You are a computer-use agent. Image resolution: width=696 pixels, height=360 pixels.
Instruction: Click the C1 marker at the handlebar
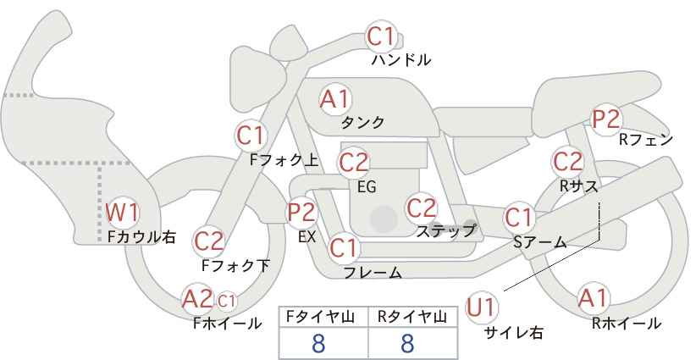[380, 36]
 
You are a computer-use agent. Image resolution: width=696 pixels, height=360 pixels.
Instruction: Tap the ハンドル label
[401, 60]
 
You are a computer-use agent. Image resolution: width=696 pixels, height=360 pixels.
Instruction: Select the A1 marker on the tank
[334, 99]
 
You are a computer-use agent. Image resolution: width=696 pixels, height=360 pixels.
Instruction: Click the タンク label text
[362, 123]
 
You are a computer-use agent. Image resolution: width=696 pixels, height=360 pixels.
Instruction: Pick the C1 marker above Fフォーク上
[251, 135]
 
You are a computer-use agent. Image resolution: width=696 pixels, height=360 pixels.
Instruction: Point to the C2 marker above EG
[354, 161]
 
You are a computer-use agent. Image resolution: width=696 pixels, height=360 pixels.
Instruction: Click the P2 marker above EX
[301, 212]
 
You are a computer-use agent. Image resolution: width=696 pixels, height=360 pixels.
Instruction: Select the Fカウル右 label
[141, 237]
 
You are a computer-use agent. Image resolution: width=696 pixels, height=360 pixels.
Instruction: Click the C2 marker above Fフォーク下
[209, 241]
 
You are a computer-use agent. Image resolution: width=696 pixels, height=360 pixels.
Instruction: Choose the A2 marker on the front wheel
[198, 298]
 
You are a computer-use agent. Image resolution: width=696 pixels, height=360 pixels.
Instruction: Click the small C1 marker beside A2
[227, 300]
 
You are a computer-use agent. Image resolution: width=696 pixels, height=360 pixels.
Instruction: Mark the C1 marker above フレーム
[344, 248]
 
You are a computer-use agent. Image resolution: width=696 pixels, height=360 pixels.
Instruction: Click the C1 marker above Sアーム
[518, 218]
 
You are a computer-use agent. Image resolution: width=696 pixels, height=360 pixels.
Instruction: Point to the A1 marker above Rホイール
[592, 298]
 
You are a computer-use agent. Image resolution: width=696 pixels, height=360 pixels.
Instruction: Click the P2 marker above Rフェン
[606, 120]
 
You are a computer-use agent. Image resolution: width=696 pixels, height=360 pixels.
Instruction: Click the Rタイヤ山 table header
[407, 317]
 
